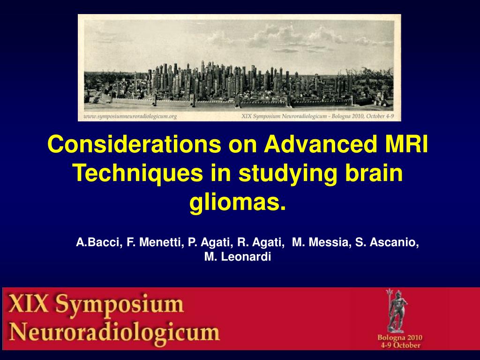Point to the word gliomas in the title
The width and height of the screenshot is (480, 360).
pos(237,203)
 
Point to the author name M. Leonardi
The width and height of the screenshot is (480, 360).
pos(238,257)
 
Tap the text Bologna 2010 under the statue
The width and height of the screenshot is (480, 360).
pos(399,337)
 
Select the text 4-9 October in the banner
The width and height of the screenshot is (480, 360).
pos(399,345)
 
